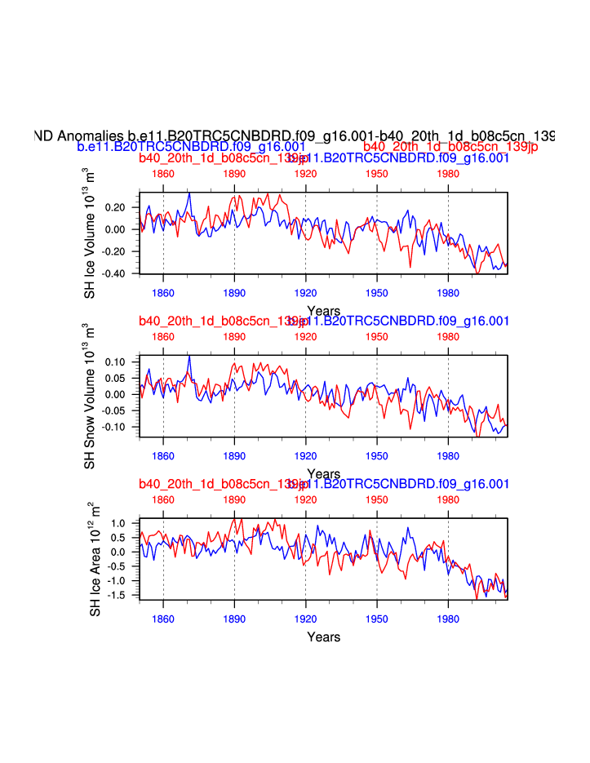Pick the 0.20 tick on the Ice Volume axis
115,207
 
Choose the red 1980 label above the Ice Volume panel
447,174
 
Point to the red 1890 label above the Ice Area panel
234,499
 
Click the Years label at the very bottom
324,637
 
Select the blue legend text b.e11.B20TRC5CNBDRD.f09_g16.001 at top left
191,147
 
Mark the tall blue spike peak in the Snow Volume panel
189,356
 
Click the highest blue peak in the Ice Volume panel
189,193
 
